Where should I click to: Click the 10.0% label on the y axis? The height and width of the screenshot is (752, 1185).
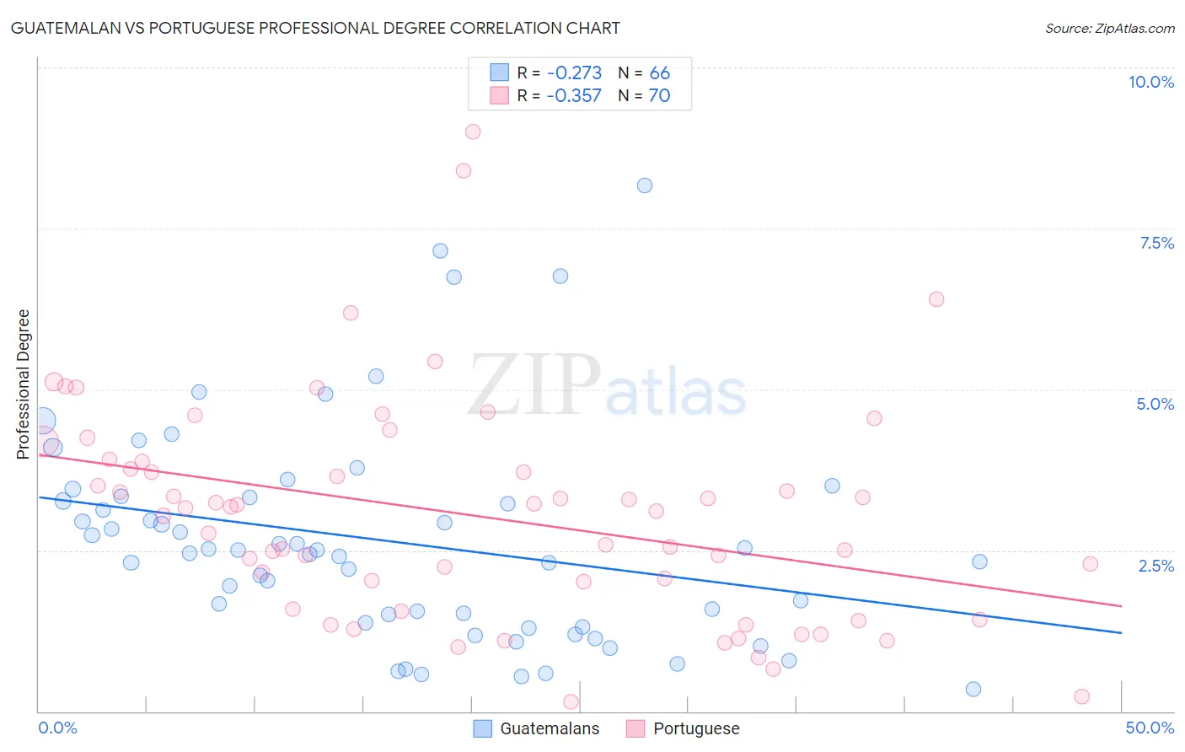(x=1151, y=82)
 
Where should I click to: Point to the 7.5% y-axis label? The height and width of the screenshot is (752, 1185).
(x=1156, y=243)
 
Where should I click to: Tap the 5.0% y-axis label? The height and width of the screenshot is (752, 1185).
(x=1155, y=404)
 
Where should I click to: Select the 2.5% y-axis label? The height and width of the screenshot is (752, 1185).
(x=1156, y=566)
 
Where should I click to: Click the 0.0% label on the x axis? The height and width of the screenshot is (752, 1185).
(x=57, y=728)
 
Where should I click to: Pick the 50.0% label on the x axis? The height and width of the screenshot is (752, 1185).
(x=1150, y=728)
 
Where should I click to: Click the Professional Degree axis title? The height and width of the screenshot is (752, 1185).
(x=23, y=384)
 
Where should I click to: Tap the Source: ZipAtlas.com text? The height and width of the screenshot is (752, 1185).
(x=1109, y=29)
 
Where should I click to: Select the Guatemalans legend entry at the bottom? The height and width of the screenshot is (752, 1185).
(x=549, y=728)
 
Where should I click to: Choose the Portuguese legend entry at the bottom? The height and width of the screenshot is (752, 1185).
(x=695, y=728)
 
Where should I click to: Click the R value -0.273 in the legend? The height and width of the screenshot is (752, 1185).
(x=574, y=73)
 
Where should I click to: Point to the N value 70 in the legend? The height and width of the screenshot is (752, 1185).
(x=659, y=95)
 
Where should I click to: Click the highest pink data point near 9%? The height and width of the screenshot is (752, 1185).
(x=473, y=132)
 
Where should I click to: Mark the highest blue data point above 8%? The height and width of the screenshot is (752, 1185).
(x=645, y=185)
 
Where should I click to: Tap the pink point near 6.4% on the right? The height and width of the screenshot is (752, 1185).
(x=936, y=299)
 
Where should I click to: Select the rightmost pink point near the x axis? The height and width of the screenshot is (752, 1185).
(x=1082, y=696)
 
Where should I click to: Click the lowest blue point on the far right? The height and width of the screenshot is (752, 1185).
(x=973, y=689)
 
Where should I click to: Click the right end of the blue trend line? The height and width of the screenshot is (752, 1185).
(x=1121, y=632)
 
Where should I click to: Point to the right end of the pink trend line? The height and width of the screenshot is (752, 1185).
(x=1121, y=606)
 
